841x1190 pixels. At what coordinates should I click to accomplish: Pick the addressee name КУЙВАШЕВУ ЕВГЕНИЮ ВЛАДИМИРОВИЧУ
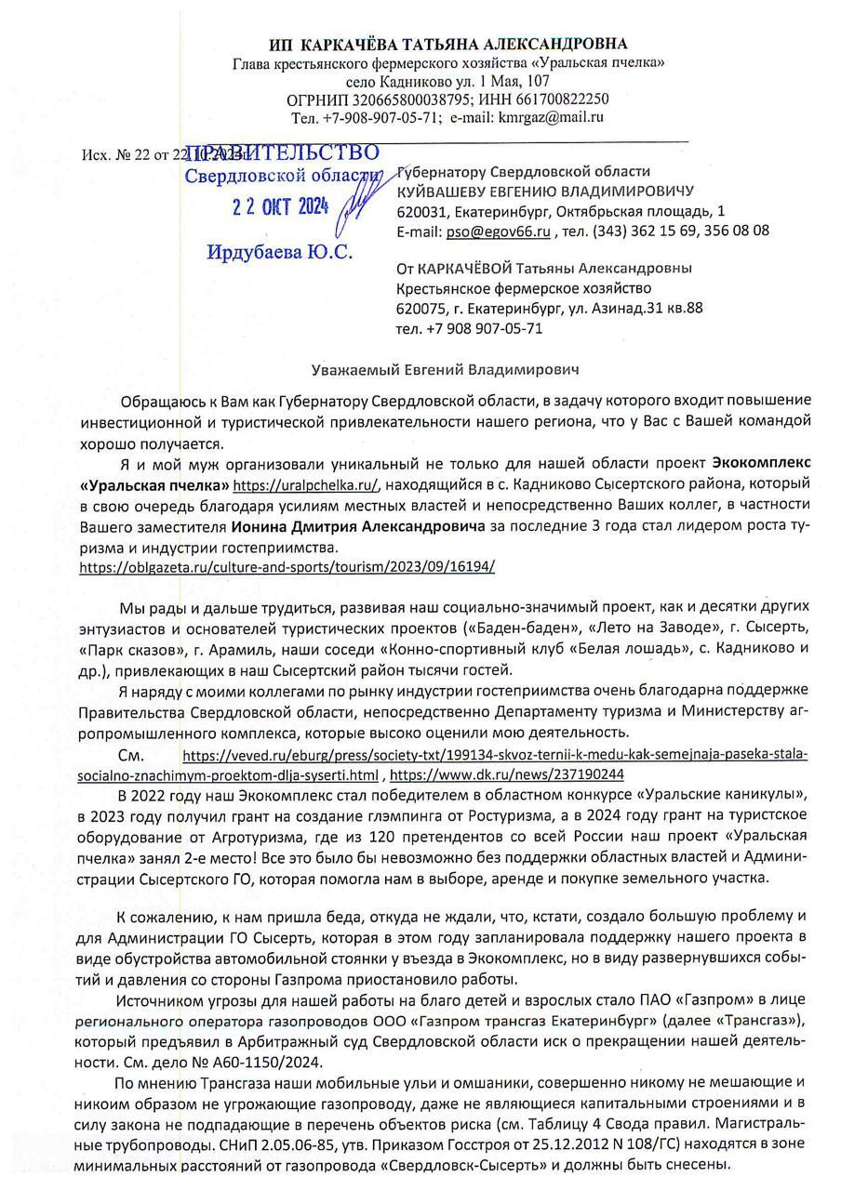point(545,192)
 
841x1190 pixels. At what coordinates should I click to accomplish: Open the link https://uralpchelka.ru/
point(305,485)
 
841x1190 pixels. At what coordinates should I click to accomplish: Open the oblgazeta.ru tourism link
point(287,565)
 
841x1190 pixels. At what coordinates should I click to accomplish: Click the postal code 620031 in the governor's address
point(419,211)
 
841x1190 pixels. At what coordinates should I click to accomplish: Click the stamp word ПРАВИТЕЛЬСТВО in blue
point(284,153)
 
